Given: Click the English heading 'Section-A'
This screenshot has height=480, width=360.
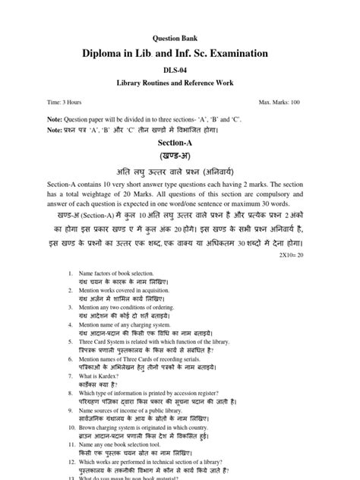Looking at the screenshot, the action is point(180,142).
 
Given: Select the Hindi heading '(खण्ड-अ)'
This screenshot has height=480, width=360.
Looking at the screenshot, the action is point(180,156).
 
